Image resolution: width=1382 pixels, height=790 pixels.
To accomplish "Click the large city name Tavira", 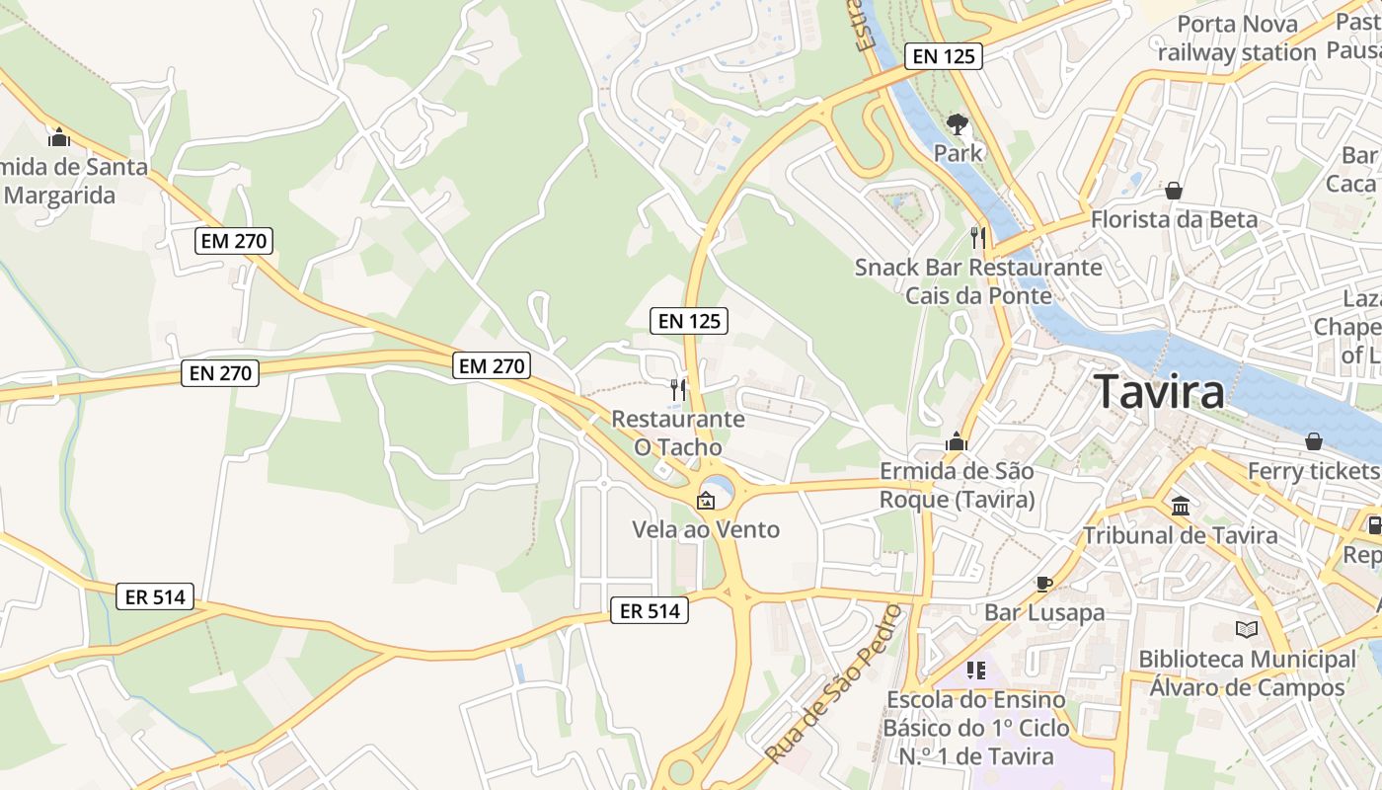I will tap(1160, 391).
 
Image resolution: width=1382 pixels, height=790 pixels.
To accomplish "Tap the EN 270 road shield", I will tap(219, 372).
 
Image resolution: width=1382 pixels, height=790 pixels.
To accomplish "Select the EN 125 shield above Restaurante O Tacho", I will tap(688, 320).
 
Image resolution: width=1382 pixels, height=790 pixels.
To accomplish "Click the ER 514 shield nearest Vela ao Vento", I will tap(648, 611).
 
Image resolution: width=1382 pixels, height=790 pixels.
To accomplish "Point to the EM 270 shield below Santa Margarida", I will tap(233, 240).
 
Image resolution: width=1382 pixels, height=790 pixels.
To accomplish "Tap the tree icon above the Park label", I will tap(957, 124).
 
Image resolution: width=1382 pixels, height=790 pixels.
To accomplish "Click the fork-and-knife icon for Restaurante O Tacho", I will tap(677, 389).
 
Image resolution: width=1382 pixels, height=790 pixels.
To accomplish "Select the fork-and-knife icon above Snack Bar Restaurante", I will tap(978, 237).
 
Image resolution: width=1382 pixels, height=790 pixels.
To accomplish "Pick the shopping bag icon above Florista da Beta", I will tap(1174, 190).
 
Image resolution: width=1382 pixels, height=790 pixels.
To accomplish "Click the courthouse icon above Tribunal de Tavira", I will tap(1180, 506).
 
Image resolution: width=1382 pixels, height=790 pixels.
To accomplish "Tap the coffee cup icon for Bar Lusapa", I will tap(1043, 583).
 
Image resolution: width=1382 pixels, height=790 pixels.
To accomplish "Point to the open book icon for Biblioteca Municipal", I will tap(1247, 629).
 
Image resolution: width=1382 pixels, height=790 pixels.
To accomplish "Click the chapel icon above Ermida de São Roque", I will tap(956, 441).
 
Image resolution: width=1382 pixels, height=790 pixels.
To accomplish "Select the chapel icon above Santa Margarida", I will tap(59, 137).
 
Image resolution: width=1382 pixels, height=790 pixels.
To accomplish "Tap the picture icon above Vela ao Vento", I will tap(705, 501).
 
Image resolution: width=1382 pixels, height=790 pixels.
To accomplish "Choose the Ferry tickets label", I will tap(1313, 471).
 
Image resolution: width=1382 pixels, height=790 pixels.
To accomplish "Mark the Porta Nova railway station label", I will tap(1237, 39).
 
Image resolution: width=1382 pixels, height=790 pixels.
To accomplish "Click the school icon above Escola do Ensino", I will tap(976, 671).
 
